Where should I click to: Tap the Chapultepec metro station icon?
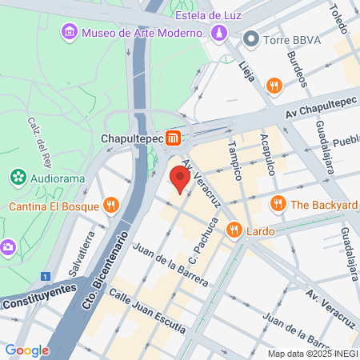(x=174, y=138)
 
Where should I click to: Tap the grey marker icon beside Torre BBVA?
(x=251, y=38)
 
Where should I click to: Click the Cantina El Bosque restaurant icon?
(x=111, y=206)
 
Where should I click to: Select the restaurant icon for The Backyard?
(x=278, y=204)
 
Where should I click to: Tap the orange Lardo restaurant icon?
(x=234, y=230)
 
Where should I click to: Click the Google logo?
(x=26, y=350)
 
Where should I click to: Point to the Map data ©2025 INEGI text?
(x=312, y=353)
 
